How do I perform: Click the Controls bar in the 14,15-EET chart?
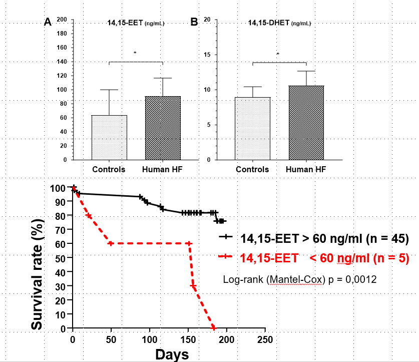tap(109, 138)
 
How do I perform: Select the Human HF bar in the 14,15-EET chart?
tap(163, 128)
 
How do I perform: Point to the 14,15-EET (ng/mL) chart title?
tap(136, 23)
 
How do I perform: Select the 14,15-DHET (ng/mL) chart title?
tap(279, 23)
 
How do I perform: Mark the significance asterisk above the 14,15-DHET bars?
tap(278, 54)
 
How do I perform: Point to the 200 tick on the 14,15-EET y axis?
tap(62, 20)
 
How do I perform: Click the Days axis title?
tap(172, 354)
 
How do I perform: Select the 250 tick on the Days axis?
tap(265, 338)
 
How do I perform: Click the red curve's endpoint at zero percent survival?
tap(214, 328)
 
